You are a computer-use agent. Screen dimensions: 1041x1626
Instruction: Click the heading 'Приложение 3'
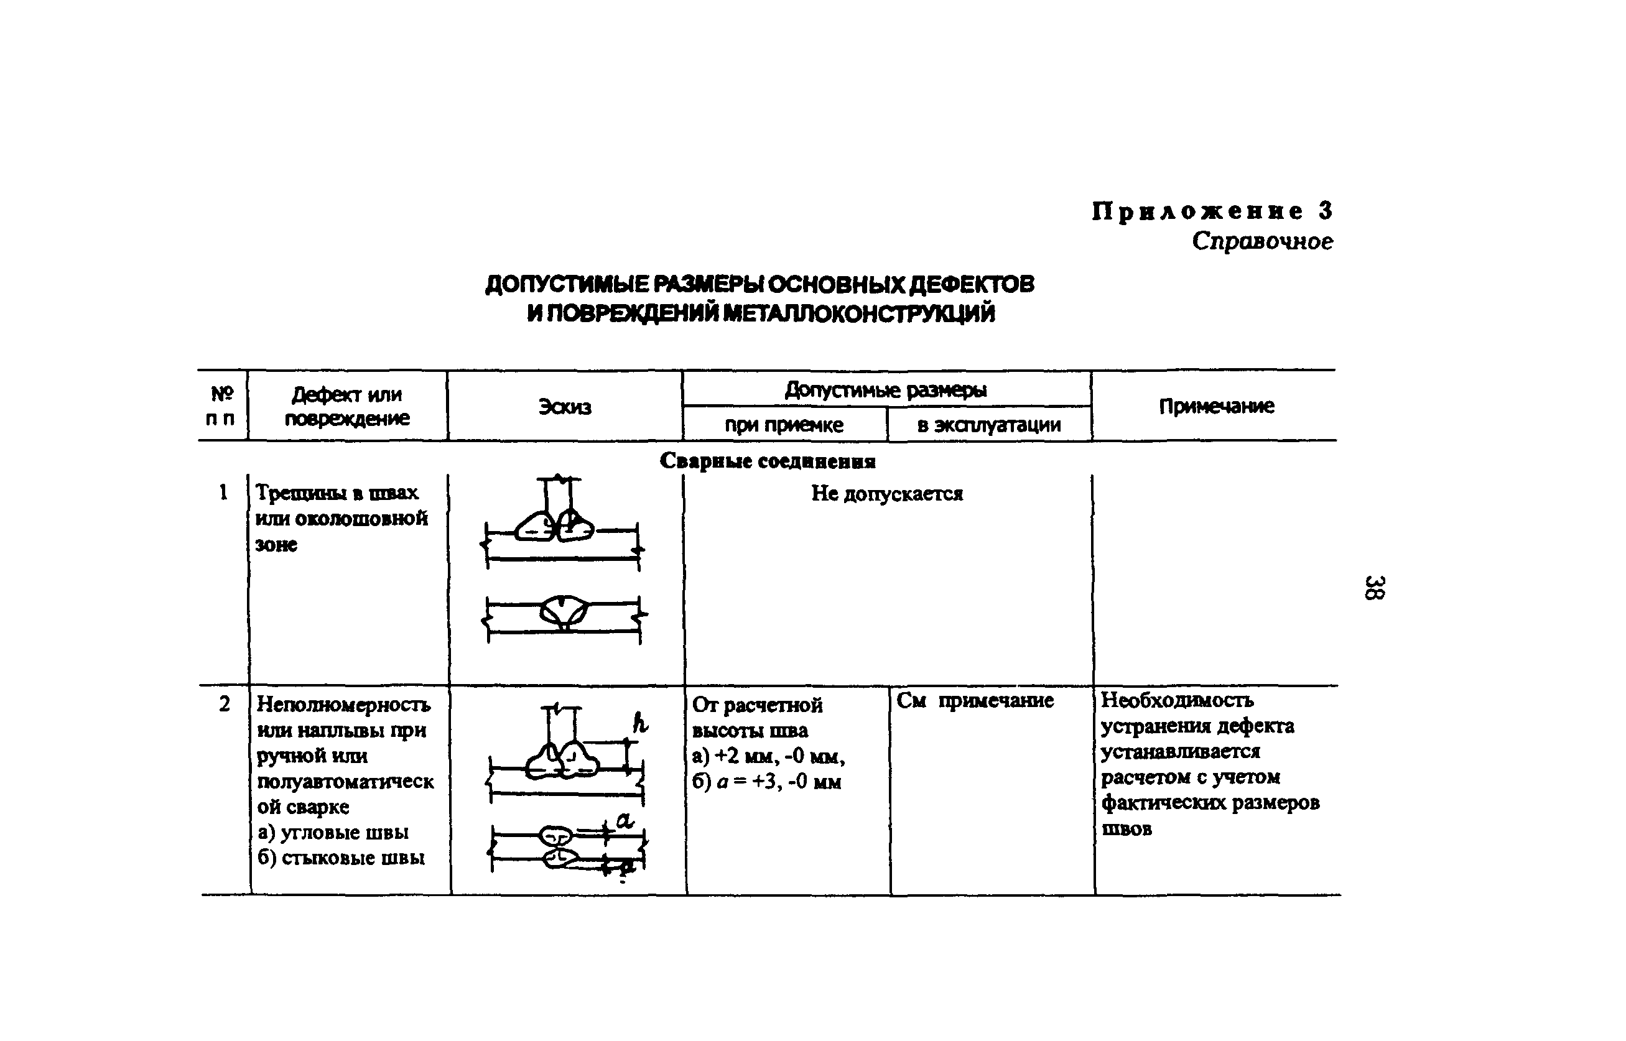pos(1212,211)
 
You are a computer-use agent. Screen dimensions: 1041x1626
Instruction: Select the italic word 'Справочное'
pos(1262,241)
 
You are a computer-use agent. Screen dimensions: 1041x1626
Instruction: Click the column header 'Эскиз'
pos(565,407)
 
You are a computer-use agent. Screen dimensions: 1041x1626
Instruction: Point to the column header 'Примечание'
pos(1216,405)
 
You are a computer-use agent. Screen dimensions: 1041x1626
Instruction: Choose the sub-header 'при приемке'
pos(784,425)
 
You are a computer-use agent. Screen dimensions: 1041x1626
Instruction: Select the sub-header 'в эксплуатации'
pos(989,425)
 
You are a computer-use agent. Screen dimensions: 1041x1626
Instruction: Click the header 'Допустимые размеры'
pos(886,390)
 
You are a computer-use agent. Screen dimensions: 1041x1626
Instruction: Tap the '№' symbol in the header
pos(222,394)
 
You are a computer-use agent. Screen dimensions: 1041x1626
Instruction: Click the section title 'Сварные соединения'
pos(768,461)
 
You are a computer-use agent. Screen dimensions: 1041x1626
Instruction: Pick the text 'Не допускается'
pos(887,494)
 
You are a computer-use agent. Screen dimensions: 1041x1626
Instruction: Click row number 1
pos(223,492)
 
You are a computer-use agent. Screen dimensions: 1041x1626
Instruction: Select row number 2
pos(225,704)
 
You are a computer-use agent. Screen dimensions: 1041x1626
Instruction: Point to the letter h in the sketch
pos(639,723)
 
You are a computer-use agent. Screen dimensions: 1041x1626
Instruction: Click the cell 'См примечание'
pos(975,701)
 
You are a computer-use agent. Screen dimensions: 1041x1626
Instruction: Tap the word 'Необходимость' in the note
pos(1177,700)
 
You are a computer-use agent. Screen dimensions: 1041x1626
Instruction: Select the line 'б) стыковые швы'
pos(341,858)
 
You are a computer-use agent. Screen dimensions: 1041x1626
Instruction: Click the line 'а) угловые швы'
pos(333,832)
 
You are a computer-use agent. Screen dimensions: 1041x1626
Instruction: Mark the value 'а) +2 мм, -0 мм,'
pos(768,756)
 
